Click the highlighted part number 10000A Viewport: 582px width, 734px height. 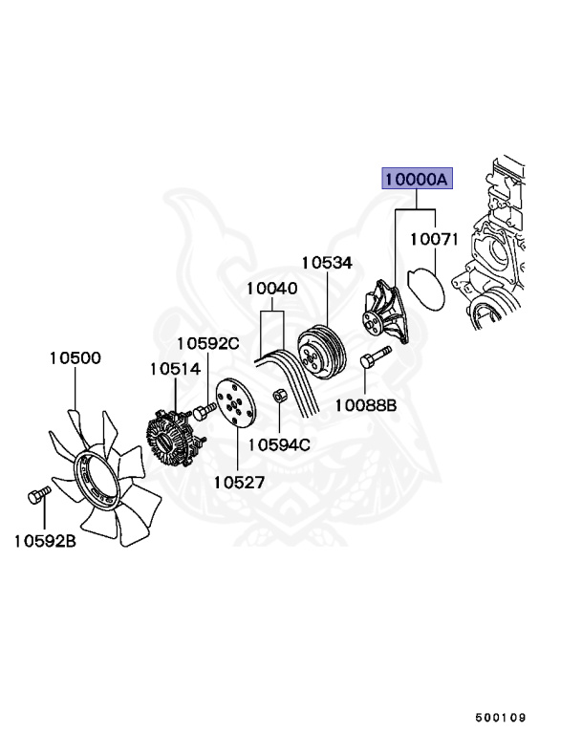[x=416, y=180]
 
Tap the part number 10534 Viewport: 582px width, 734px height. [x=327, y=261]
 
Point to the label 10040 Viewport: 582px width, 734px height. [x=271, y=288]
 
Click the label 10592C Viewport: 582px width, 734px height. [x=207, y=343]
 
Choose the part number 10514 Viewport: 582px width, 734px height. [x=174, y=368]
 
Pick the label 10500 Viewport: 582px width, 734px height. [x=75, y=358]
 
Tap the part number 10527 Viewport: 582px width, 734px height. [x=238, y=483]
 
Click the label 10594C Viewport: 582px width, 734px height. [x=279, y=443]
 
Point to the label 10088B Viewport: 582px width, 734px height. [x=365, y=405]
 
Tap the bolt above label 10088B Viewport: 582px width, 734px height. [x=373, y=360]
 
